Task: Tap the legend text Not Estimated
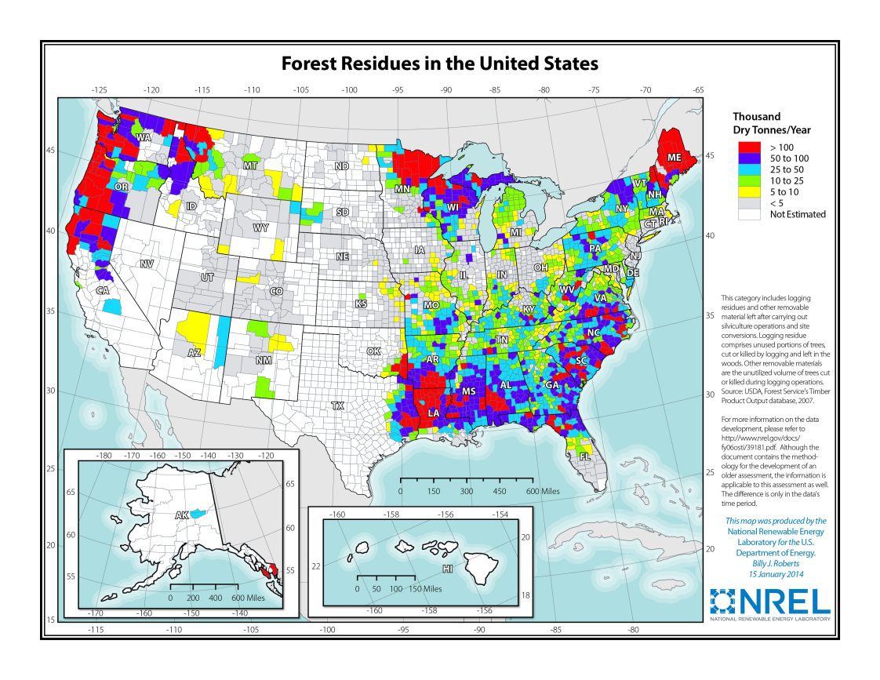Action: (x=797, y=214)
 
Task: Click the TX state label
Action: (x=337, y=406)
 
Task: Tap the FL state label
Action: (x=584, y=456)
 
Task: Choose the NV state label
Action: (x=147, y=264)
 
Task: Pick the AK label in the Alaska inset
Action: (x=181, y=515)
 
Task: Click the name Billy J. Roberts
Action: (x=775, y=562)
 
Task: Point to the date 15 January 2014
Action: (x=775, y=573)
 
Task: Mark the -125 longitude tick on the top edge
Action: (x=100, y=90)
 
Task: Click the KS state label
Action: (x=361, y=304)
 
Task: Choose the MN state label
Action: (x=402, y=189)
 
